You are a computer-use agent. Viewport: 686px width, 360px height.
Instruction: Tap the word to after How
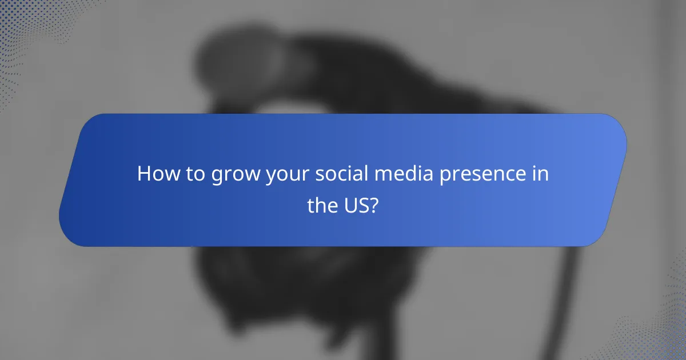(x=194, y=174)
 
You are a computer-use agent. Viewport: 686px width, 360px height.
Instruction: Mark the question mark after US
(x=374, y=206)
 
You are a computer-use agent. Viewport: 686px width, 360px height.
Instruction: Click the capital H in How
(x=144, y=174)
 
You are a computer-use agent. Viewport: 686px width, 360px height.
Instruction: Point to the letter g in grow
(x=217, y=177)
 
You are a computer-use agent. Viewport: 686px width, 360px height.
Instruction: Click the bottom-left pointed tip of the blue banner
(x=63, y=229)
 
